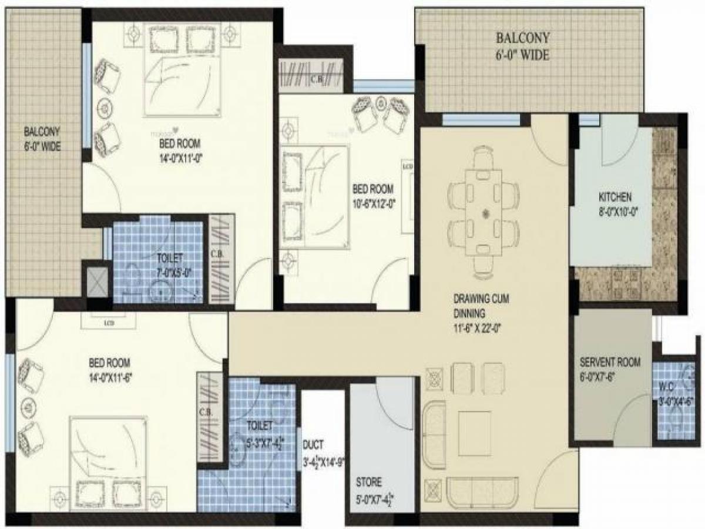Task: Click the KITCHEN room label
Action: coord(615,196)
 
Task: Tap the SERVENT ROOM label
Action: coord(610,362)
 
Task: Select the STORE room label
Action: coord(368,482)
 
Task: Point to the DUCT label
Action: coord(314,445)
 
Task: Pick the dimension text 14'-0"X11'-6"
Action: coord(110,376)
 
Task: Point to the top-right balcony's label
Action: coord(522,39)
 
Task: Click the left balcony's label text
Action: coord(42,130)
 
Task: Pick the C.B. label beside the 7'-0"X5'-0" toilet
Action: coord(216,255)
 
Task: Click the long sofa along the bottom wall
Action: coord(482,490)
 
